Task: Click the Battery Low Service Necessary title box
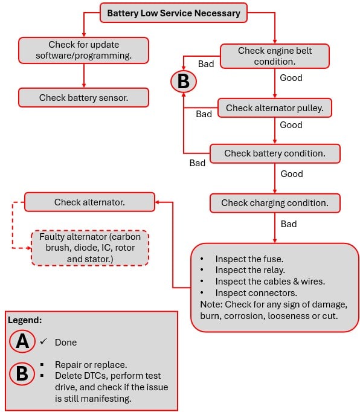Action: (173, 13)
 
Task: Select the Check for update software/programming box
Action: (83, 50)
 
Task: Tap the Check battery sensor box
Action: (83, 97)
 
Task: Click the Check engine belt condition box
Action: (275, 56)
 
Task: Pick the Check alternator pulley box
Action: (275, 108)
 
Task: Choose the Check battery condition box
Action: (275, 153)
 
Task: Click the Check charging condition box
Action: (275, 203)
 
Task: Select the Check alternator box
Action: (89, 202)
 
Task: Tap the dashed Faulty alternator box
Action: (90, 248)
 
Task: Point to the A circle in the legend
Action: (22, 342)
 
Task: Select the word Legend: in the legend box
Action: (25, 320)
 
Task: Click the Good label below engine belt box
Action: (291, 78)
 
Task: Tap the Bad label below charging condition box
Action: (289, 224)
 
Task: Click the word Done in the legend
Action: (66, 343)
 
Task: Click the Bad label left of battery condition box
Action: (198, 163)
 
